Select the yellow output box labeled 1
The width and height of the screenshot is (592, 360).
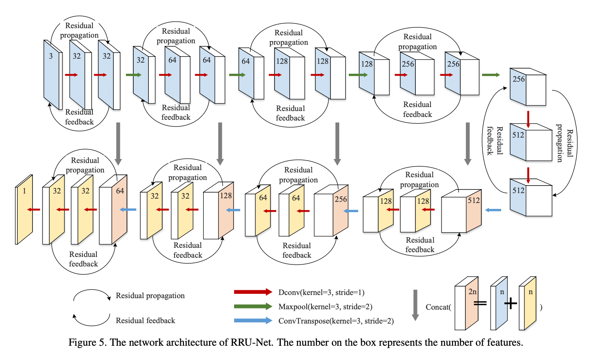click(x=24, y=209)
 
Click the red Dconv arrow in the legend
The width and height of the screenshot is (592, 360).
click(x=253, y=292)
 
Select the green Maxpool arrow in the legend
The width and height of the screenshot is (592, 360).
click(x=253, y=306)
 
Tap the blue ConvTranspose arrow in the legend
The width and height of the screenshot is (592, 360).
click(x=253, y=321)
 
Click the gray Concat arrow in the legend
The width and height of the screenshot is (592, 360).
click(x=415, y=305)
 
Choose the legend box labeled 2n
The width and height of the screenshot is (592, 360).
click(x=466, y=303)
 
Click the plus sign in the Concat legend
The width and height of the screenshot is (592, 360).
click(x=511, y=304)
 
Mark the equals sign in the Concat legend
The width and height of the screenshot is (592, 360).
click(x=480, y=304)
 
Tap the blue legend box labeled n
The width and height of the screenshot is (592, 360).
click(x=499, y=303)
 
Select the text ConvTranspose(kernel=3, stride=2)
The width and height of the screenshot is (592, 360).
click(x=336, y=321)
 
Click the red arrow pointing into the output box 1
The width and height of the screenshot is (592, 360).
click(x=34, y=209)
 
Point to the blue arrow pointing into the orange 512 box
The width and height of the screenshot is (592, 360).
click(x=493, y=210)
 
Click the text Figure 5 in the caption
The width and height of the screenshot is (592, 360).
click(x=87, y=343)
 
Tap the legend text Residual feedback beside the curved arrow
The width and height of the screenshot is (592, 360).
click(x=145, y=321)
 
